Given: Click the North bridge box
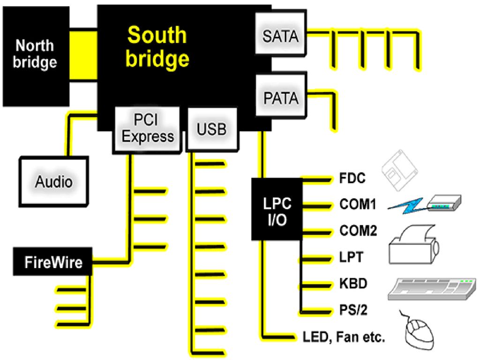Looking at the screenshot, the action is click(x=36, y=56).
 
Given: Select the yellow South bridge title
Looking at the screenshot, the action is click(x=157, y=46).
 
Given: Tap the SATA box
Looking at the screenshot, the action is click(x=281, y=33).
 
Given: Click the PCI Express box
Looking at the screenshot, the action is click(x=147, y=130).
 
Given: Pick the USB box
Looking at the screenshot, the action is click(x=212, y=129).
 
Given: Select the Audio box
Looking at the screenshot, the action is click(x=54, y=182).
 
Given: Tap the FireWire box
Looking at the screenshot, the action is click(x=52, y=262).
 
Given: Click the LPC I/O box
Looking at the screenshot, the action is click(x=277, y=209).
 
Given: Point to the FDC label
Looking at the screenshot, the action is click(x=352, y=178).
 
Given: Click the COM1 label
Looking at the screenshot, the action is click(x=358, y=204).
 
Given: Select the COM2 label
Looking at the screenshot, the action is click(x=358, y=231).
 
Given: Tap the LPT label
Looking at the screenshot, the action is click(x=351, y=257).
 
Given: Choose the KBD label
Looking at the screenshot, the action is click(x=353, y=284).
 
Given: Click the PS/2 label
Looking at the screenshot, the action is click(x=353, y=310).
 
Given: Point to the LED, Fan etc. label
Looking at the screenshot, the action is click(x=344, y=337).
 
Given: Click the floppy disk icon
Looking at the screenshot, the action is click(x=399, y=170).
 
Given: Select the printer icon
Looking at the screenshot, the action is click(x=414, y=245).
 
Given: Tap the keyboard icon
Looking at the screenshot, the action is click(x=432, y=289).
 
